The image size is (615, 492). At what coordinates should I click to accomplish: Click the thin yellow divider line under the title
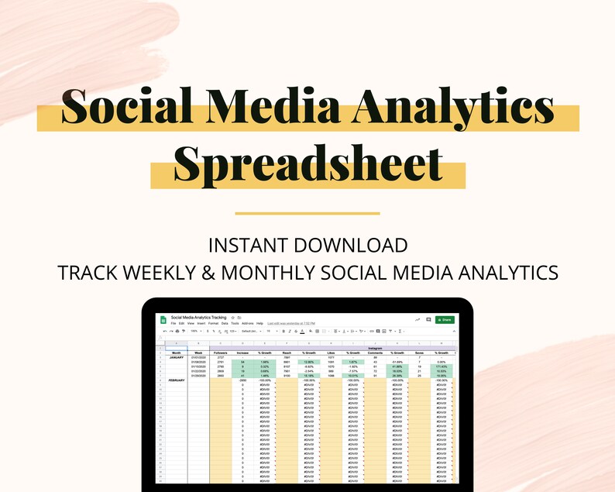(307, 213)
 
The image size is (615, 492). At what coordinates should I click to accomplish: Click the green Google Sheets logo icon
(163, 319)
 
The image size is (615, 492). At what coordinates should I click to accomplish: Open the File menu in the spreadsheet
(174, 323)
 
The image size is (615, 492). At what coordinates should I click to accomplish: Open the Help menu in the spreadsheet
(249, 323)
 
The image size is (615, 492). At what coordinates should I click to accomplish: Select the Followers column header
(221, 353)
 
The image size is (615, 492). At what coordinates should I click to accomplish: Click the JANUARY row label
(176, 357)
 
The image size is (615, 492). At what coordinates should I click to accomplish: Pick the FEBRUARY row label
(177, 380)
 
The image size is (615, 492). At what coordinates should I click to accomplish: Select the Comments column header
(376, 353)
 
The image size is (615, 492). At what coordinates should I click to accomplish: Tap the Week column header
(198, 353)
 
